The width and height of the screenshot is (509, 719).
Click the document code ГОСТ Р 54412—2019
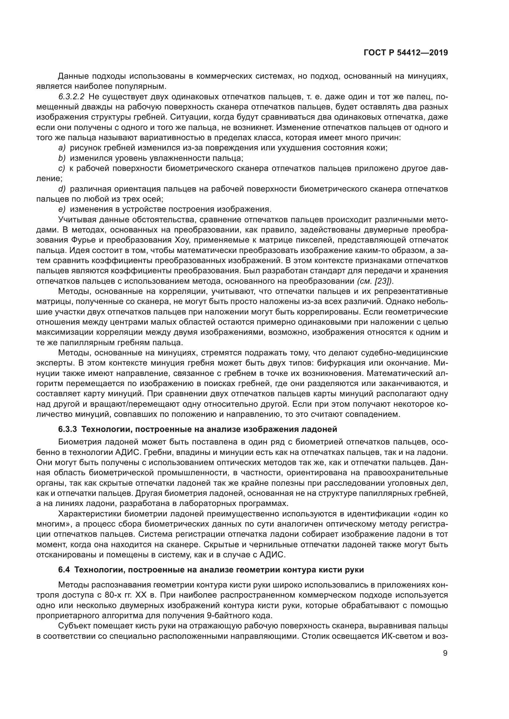406,53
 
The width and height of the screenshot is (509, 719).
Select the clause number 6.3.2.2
71,97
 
